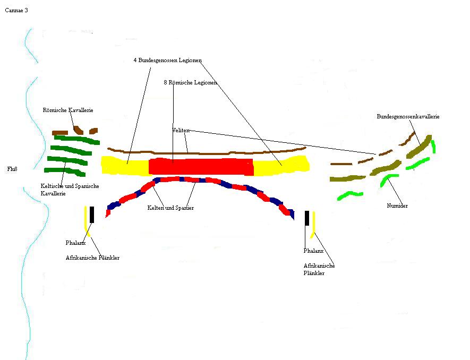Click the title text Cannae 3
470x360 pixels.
pyautogui.click(x=16, y=11)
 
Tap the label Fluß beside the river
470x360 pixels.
pyautogui.click(x=12, y=169)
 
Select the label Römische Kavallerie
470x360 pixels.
pyautogui.click(x=68, y=110)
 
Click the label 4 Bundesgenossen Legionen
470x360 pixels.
pyautogui.click(x=168, y=60)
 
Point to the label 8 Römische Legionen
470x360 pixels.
pyautogui.click(x=190, y=82)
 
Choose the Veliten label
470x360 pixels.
pyautogui.click(x=181, y=131)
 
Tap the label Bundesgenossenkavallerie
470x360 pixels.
pyautogui.click(x=408, y=117)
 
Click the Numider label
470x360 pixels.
pyautogui.click(x=397, y=205)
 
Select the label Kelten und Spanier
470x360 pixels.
pyautogui.click(x=170, y=208)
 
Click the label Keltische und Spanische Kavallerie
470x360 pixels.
pyautogui.click(x=70, y=190)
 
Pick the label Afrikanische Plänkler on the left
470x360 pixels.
pyautogui.click(x=92, y=258)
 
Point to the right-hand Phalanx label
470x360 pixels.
pyautogui.click(x=313, y=251)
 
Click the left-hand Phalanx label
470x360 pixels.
pyautogui.click(x=75, y=243)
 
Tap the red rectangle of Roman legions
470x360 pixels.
pyautogui.click(x=201, y=167)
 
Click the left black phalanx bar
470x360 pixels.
pyautogui.click(x=92, y=215)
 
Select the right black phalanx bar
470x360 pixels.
pyautogui.click(x=307, y=218)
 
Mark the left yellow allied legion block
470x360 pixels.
pyautogui.click(x=125, y=166)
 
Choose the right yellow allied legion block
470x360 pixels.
pyautogui.click(x=281, y=165)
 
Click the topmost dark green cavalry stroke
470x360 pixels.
pyautogui.click(x=77, y=140)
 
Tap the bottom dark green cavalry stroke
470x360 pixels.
pyautogui.click(x=65, y=172)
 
